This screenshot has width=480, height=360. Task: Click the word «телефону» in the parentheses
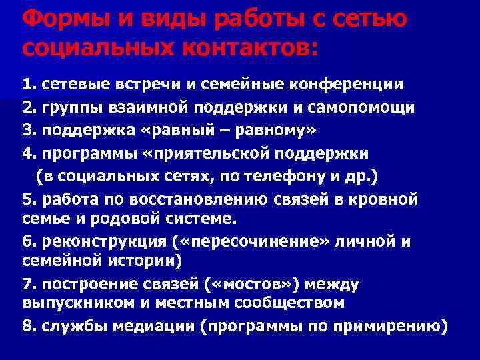[x=265, y=176]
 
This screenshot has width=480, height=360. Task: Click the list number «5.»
[x=29, y=199]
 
